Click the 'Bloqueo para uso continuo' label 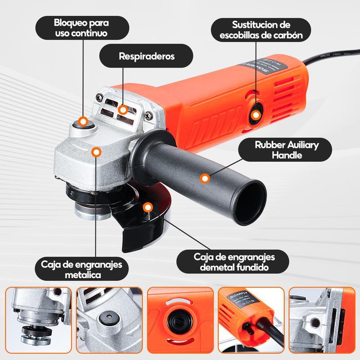point(81,28)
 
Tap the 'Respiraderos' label point(146,57)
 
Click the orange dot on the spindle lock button point(83,121)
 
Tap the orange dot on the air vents point(123,110)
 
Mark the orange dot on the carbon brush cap point(255,116)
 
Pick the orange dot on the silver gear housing point(96,152)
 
